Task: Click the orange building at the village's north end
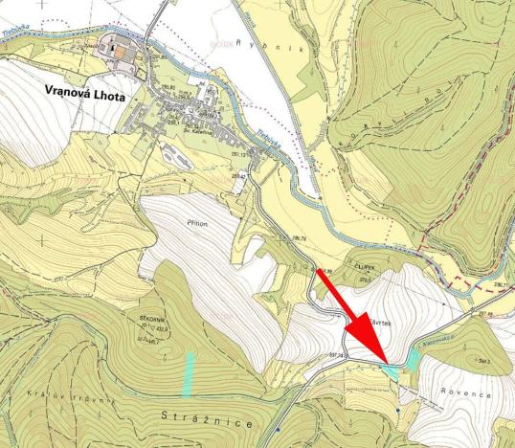tap(120, 55)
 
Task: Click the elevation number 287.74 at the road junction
tap(335, 353)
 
